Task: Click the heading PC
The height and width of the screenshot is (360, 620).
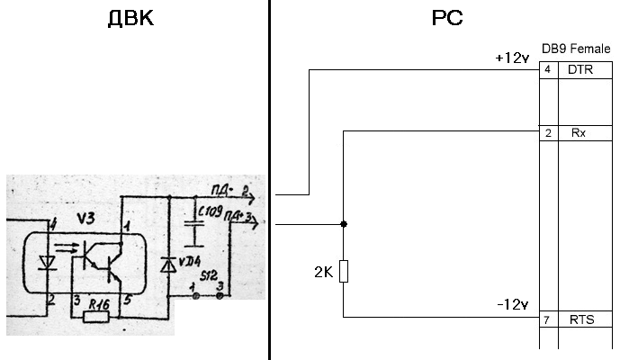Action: point(447,18)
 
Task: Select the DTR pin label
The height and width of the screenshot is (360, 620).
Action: point(580,69)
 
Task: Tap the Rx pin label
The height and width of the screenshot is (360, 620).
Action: point(579,133)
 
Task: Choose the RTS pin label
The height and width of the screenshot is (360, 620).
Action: point(580,319)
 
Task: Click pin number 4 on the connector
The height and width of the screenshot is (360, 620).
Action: point(547,69)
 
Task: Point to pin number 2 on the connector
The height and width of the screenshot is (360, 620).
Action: point(547,133)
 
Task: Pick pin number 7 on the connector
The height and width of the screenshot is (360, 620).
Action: point(547,319)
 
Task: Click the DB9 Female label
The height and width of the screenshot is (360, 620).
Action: point(576,48)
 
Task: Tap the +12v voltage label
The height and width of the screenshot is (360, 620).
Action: point(511,58)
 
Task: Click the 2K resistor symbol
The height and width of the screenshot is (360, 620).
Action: point(344,271)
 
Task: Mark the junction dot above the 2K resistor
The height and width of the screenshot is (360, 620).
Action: point(344,223)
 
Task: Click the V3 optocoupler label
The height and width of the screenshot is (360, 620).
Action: point(85,219)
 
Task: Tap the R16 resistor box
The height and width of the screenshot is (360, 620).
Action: point(94,316)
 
